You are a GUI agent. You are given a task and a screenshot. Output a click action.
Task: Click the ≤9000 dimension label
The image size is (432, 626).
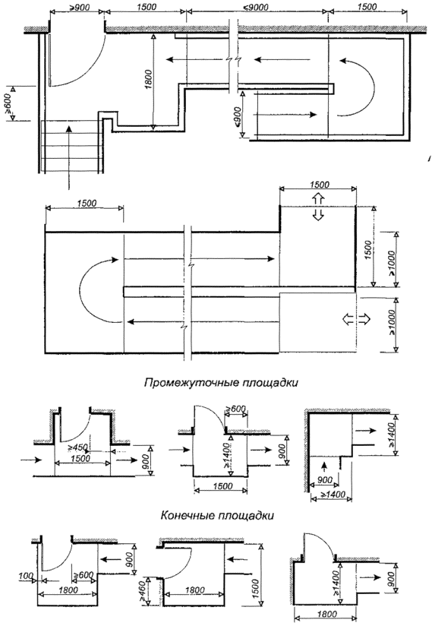click(x=257, y=7)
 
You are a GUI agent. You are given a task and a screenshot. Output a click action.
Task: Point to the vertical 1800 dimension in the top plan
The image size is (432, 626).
click(x=148, y=79)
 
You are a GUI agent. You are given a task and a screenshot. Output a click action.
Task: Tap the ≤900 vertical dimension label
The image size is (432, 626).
click(x=238, y=116)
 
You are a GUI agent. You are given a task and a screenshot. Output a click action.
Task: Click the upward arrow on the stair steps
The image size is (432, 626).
click(x=69, y=156)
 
